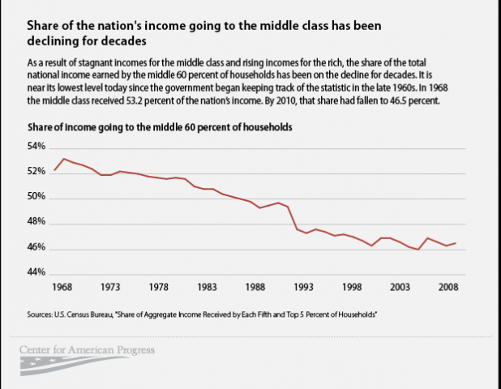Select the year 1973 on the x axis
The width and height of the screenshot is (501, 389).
[111, 287]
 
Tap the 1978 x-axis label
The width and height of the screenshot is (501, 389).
[159, 287]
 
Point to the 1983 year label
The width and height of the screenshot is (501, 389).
[207, 287]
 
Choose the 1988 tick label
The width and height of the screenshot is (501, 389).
[255, 287]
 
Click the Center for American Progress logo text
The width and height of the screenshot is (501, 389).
[87, 351]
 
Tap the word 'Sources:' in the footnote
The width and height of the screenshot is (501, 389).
[42, 312]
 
